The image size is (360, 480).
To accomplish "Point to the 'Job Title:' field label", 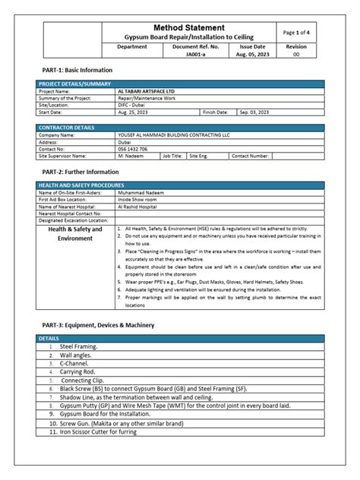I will coord(172,155).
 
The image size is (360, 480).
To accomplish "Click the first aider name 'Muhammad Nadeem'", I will coord(142,193).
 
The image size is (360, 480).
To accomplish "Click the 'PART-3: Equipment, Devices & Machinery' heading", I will coord(99,325).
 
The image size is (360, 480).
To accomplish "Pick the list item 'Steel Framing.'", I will coord(78,346).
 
